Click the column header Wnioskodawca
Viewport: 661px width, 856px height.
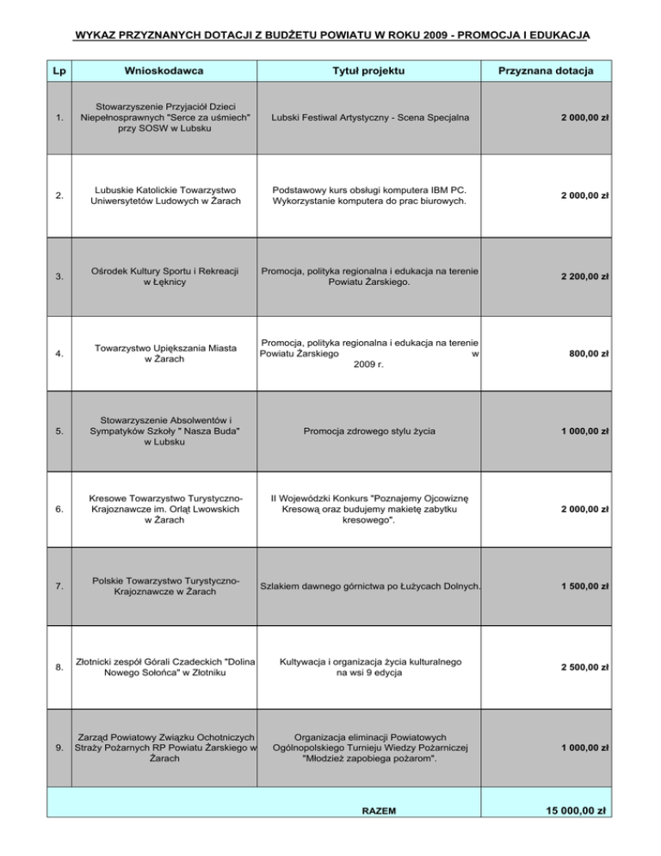tap(164, 68)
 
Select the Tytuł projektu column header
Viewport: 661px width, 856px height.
tap(369, 68)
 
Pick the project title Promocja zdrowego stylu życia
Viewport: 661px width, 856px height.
tap(369, 431)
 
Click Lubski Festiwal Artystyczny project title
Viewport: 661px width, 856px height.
tap(369, 117)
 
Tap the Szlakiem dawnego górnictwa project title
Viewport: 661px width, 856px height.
tap(369, 586)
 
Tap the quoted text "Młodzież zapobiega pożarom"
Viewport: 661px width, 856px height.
tap(369, 759)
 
